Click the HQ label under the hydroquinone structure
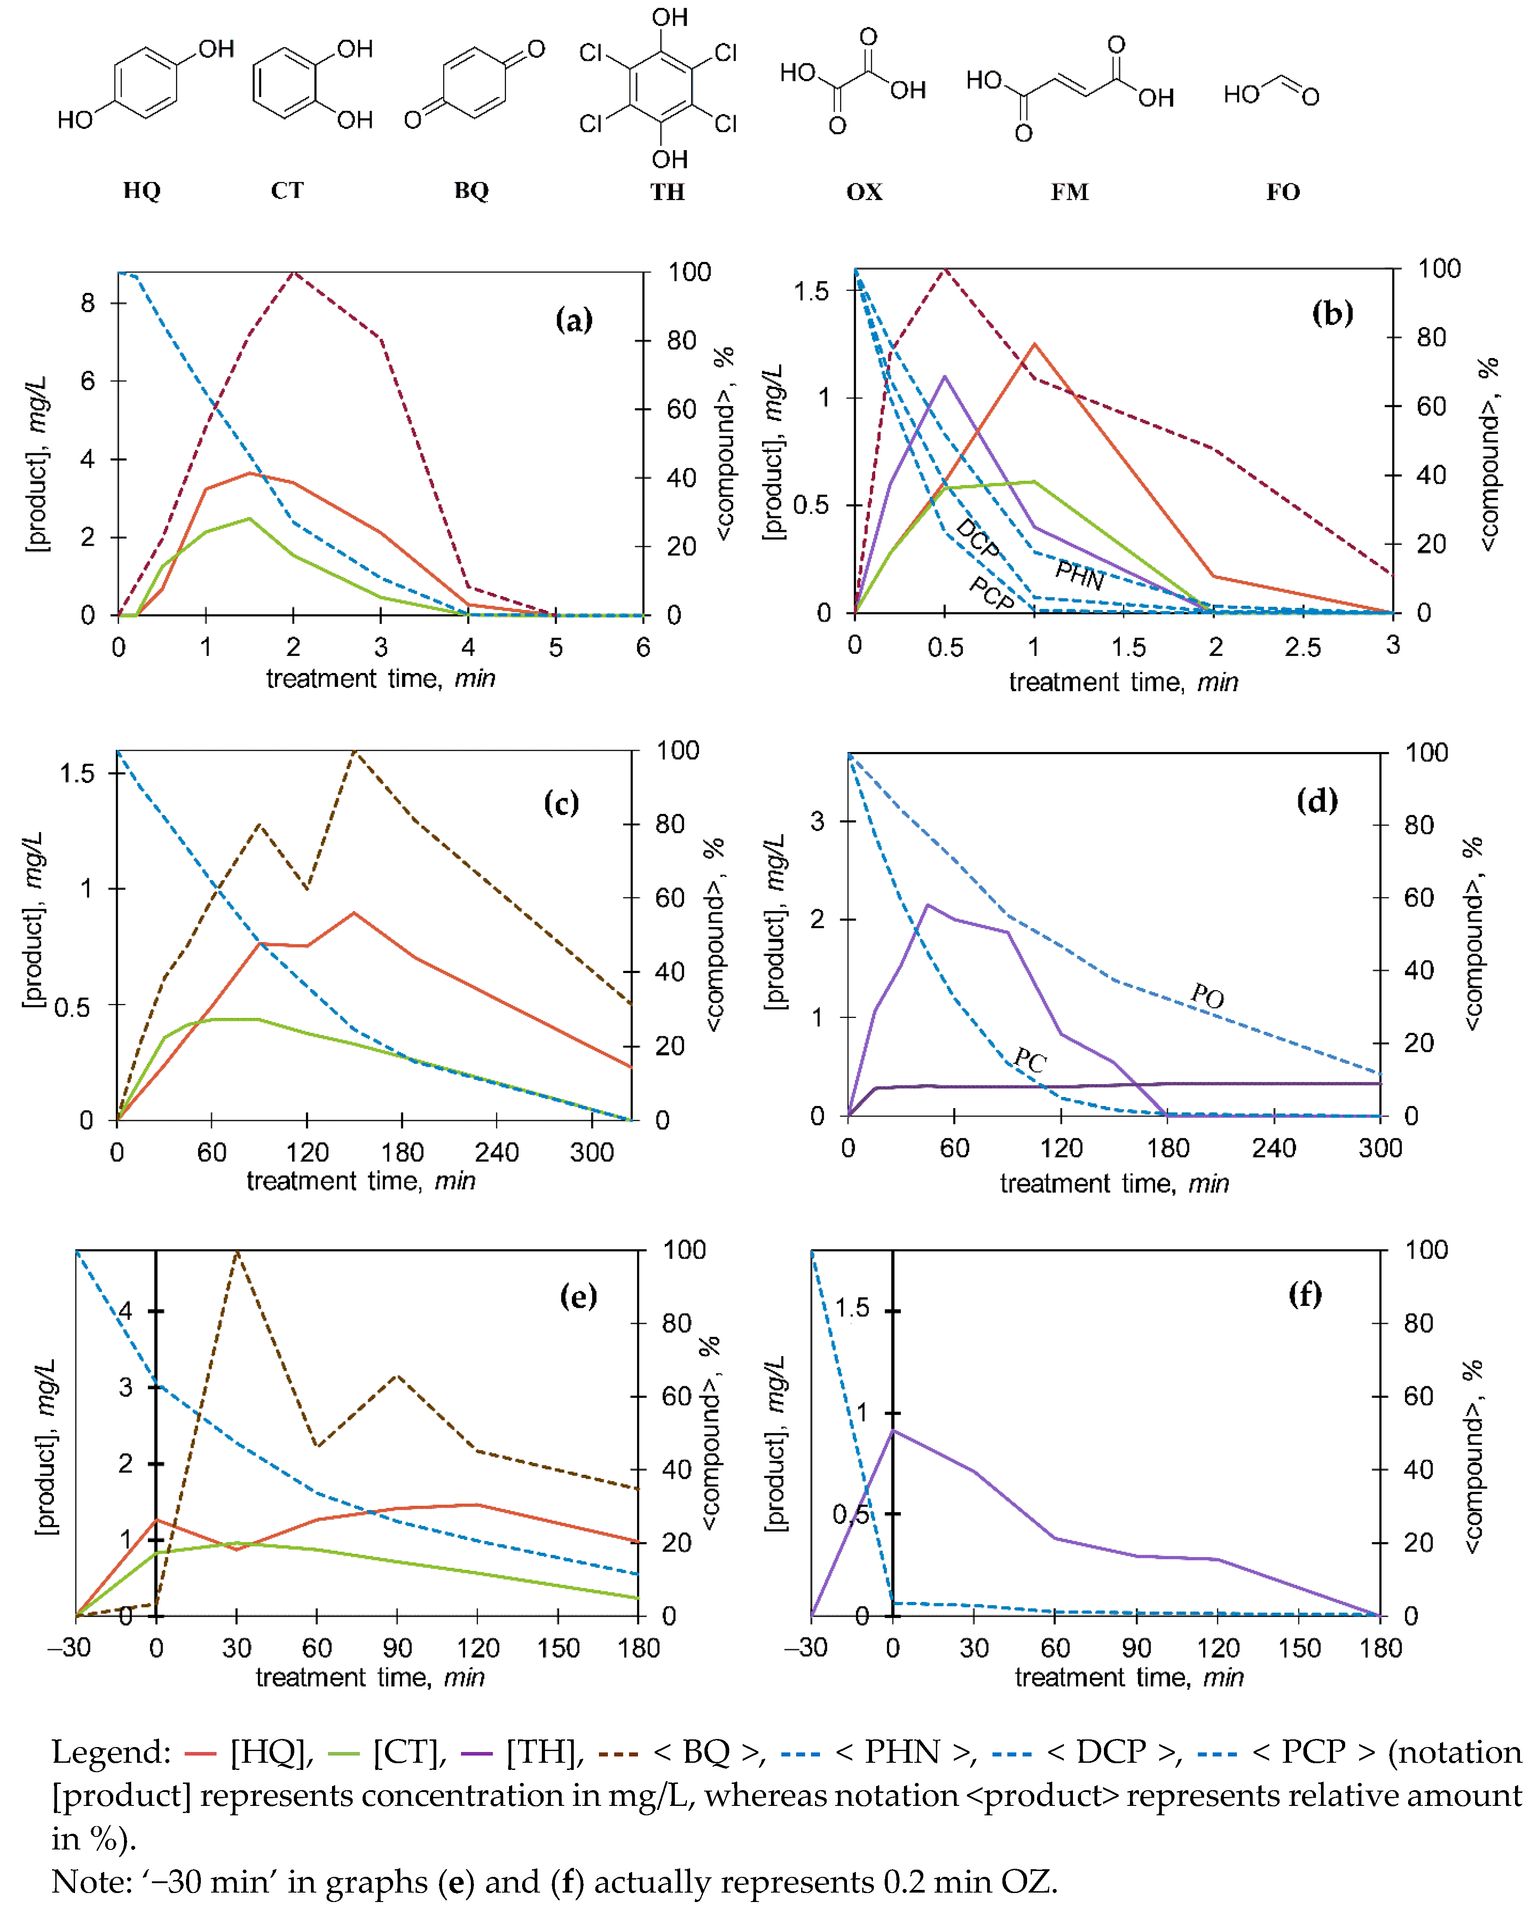point(142,190)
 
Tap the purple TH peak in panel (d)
point(927,905)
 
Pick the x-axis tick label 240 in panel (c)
point(496,1152)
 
